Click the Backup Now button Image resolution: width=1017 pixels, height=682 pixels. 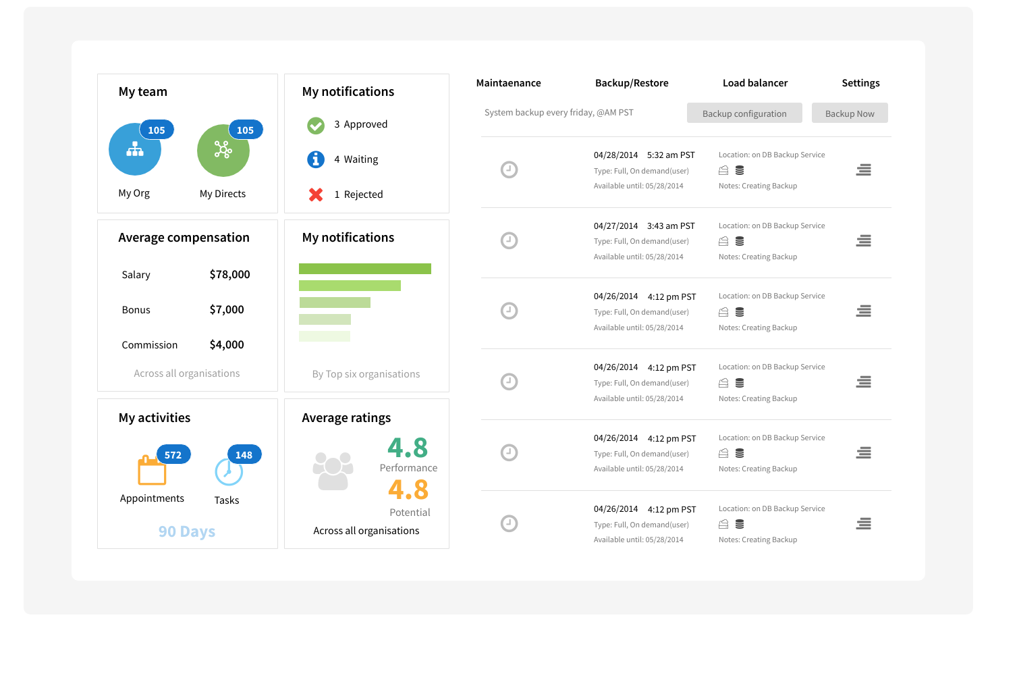[850, 113]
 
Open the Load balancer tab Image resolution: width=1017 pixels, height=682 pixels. [755, 83]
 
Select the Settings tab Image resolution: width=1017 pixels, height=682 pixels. [860, 83]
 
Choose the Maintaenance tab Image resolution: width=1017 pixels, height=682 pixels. [508, 83]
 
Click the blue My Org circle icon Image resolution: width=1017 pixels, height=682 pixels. [134, 150]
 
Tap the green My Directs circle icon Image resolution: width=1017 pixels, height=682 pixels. [223, 150]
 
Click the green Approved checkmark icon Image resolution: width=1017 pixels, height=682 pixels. [316, 125]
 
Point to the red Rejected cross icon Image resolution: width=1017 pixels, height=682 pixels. [316, 194]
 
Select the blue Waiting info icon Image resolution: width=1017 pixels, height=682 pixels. [316, 159]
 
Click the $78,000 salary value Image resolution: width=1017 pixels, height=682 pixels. [229, 274]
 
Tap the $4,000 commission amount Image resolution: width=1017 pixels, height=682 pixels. [227, 344]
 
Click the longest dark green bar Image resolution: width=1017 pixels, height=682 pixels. [364, 269]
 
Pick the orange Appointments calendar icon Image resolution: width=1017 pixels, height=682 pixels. [152, 471]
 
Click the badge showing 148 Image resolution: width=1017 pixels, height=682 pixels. [244, 455]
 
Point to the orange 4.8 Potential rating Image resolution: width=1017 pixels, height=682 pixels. [408, 490]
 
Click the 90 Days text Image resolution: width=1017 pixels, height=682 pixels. [187, 531]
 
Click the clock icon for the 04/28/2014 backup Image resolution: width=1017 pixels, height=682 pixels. [509, 169]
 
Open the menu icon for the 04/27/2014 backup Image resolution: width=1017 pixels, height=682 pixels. [863, 241]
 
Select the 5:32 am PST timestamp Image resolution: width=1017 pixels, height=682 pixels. [671, 155]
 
